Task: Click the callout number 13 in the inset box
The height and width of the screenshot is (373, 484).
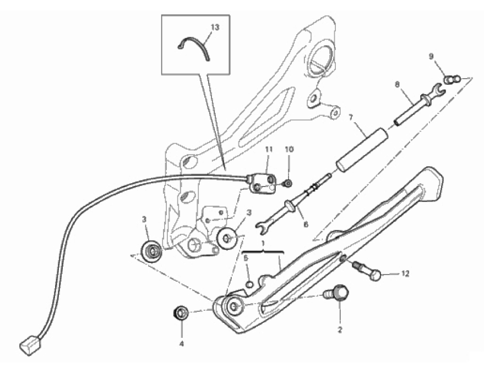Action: (215, 28)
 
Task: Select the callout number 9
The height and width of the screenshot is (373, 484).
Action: (431, 56)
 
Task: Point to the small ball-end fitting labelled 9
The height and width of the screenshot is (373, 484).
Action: (453, 79)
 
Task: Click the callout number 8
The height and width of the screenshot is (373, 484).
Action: (396, 84)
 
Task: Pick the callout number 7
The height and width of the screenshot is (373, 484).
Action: (350, 117)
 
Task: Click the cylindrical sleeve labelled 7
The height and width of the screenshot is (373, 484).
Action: (362, 149)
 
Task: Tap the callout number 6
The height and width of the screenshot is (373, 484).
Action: (306, 224)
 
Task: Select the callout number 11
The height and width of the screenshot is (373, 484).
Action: (269, 149)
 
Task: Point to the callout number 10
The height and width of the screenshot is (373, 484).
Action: (289, 149)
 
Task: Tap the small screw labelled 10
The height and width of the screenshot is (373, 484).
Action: (287, 184)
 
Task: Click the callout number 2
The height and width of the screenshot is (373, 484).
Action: (340, 330)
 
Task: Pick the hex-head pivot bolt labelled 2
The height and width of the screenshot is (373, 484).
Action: (336, 293)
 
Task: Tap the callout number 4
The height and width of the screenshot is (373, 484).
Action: (182, 344)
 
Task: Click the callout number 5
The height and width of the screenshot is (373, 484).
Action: (246, 258)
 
